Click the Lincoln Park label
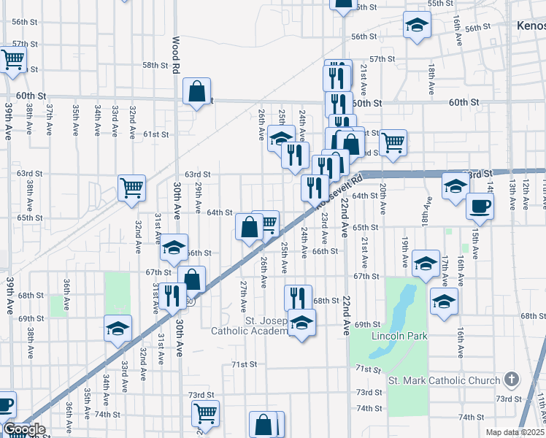pos(399,336)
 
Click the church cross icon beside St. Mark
pos(511,380)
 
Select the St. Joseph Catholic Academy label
pos(250,326)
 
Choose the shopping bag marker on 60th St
pos(197,91)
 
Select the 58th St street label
pos(155,65)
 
